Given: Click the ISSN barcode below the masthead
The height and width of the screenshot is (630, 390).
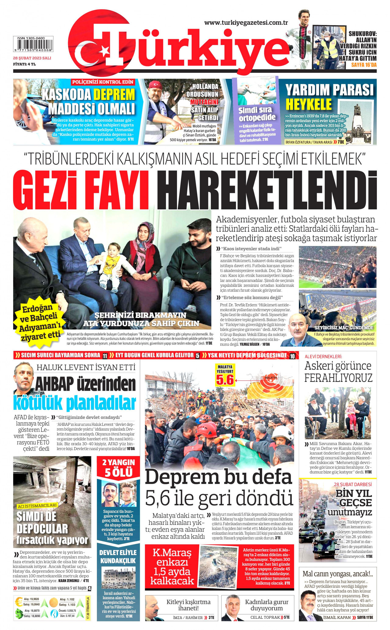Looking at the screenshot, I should point(33,44).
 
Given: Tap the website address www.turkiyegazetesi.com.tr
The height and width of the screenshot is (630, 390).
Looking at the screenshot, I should point(246,23).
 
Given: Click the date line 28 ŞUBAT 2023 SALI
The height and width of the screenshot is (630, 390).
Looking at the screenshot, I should point(32,58).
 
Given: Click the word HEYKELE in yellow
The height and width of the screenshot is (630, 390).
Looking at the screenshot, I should point(309,104).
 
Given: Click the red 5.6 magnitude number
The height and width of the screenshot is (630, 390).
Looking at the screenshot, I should point(225,380).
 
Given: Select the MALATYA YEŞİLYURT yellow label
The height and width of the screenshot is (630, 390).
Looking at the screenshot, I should point(225,369).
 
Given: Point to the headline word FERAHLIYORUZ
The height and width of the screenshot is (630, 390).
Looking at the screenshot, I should point(338,378).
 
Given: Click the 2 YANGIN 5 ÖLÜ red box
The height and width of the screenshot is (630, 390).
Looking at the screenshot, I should point(118,468).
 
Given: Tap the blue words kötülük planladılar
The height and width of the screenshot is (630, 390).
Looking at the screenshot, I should point(75,403).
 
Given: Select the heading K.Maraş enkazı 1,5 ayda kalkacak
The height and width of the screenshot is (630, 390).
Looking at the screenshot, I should point(172,567).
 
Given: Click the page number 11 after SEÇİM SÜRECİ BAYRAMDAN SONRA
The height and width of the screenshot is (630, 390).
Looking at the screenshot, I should point(105,356).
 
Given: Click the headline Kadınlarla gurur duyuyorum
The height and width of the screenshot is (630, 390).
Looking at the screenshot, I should point(267,605).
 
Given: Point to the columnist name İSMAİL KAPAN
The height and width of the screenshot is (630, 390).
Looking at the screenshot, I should point(337,618).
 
